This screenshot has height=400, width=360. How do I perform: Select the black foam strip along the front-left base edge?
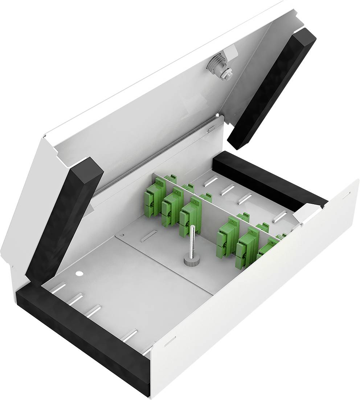point(83,340)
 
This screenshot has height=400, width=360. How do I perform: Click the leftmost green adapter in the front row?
point(155,198)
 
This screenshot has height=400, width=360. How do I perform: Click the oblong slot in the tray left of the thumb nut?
point(149,236)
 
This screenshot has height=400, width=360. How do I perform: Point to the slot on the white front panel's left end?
point(170,341)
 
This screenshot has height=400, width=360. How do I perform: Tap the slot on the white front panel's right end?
point(346,195)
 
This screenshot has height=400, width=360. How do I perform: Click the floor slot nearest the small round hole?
point(58,288)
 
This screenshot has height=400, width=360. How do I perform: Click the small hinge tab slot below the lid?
point(211,128)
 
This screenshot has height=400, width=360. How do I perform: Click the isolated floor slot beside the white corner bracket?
point(280,217)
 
